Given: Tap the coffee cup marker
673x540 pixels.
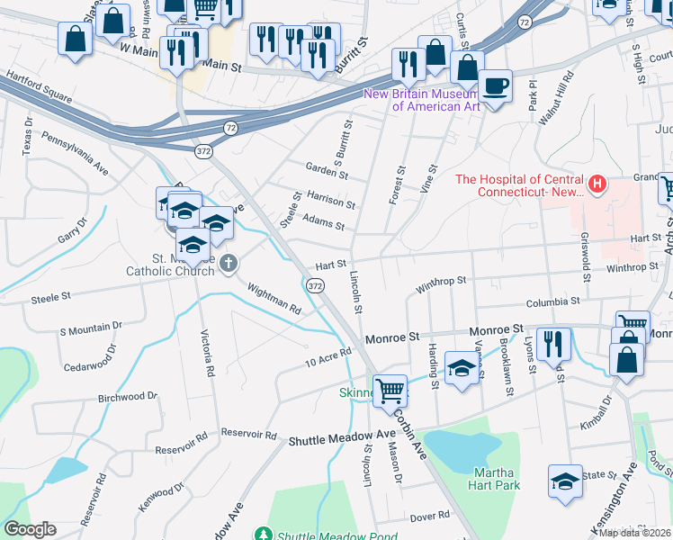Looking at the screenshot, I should point(495,87).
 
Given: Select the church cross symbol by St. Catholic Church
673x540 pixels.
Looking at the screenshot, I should point(229,263).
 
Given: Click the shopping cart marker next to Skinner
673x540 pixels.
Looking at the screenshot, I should point(390,391).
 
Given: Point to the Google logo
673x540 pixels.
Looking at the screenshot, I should point(30,529).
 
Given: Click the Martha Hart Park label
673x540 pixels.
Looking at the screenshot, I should point(494,478).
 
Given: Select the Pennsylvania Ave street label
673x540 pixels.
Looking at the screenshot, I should point(76,157).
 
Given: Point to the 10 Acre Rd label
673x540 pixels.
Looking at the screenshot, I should point(327,357).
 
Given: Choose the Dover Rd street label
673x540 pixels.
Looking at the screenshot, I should point(429,516).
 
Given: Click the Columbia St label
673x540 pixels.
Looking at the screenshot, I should point(552,302).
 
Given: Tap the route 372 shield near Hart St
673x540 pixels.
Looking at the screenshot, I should point(314,285).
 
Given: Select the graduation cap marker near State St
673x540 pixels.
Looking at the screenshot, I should point(565,481).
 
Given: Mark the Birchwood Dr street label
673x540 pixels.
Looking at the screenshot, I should point(128,396).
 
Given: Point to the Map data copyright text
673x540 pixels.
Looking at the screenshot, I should point(634,532).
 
